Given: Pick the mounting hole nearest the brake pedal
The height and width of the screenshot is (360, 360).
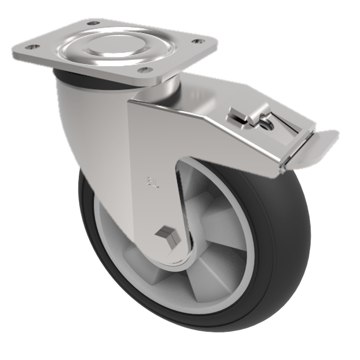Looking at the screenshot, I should point(197,41).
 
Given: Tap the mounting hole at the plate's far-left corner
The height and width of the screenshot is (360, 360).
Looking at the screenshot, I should point(30,47).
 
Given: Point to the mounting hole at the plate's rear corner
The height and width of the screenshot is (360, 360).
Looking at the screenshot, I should point(93,22).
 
